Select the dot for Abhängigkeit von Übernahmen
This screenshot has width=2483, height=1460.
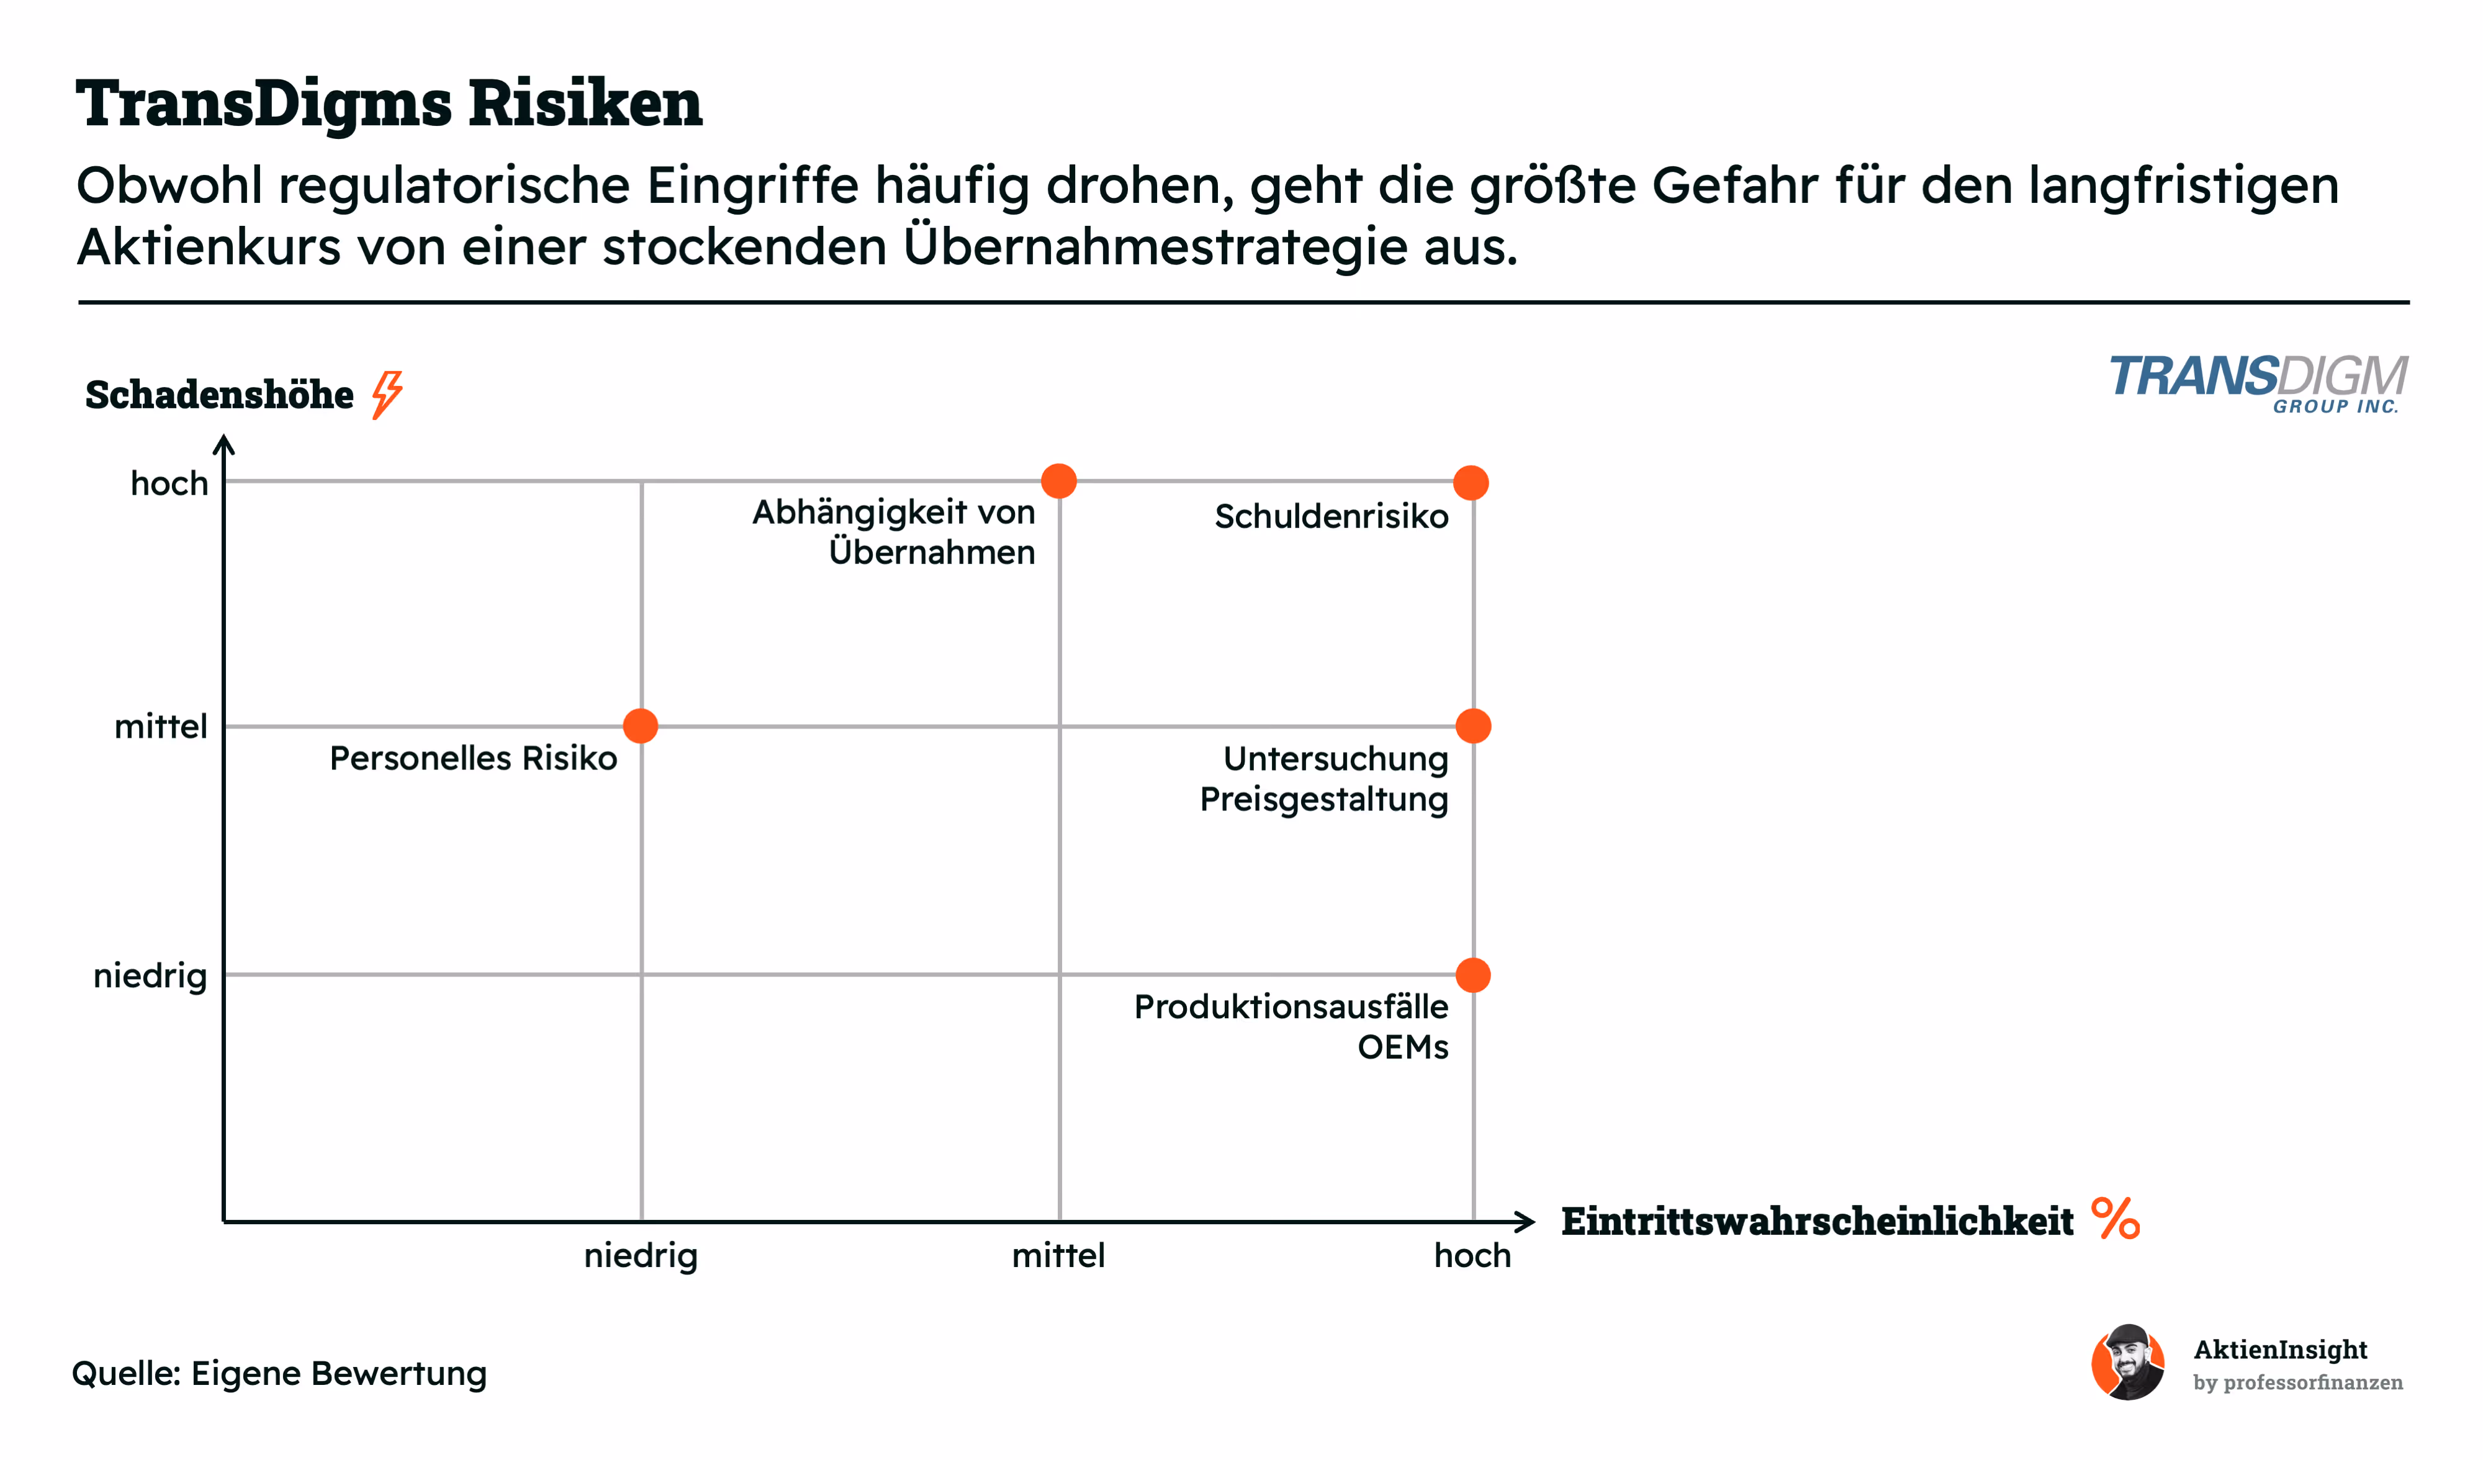click(1058, 481)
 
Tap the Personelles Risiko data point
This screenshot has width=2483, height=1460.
click(641, 726)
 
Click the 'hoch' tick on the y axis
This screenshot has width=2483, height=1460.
click(169, 484)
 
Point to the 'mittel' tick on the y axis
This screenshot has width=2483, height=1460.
click(161, 727)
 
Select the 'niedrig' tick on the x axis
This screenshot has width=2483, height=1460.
click(641, 1256)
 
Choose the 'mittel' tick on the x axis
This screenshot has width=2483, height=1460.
click(1058, 1256)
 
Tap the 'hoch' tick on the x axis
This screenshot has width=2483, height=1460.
click(1472, 1256)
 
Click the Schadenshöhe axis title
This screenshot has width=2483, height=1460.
click(219, 395)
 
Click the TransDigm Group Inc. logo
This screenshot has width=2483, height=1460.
click(2258, 383)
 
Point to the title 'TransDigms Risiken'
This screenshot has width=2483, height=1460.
click(389, 102)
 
